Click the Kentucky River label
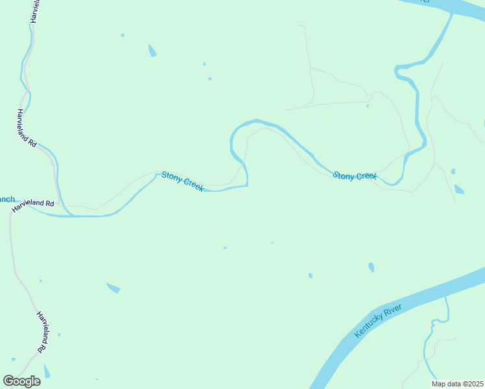click(379, 320)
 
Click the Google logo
click(21, 381)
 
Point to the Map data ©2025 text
click(458, 384)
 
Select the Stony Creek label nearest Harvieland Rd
click(183, 181)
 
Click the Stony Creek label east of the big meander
click(355, 176)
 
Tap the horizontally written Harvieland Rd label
click(32, 203)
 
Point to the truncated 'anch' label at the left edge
click(6, 199)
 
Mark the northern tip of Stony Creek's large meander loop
click(257, 120)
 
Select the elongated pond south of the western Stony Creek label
click(113, 288)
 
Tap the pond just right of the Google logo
click(46, 371)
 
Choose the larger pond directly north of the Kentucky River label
click(371, 266)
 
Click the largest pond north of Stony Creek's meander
click(152, 51)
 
